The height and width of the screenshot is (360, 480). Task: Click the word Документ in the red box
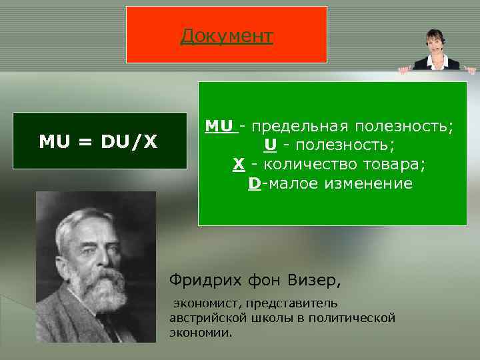pos(227,35)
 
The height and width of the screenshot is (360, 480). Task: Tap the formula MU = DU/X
pos(99,141)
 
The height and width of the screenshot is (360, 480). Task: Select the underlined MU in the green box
pos(220,126)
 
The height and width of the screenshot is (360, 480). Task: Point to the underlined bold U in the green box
pos(270,145)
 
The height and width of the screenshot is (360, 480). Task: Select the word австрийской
pos(205,317)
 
